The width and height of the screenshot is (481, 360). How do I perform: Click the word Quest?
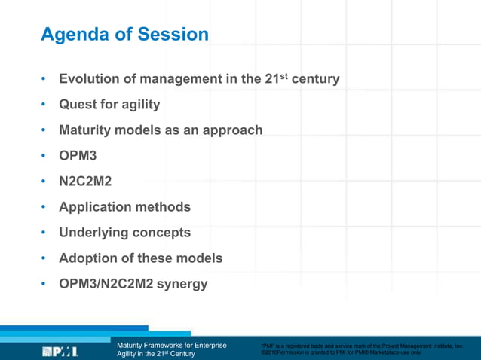(x=78, y=105)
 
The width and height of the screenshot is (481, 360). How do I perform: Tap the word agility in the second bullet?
(x=136, y=105)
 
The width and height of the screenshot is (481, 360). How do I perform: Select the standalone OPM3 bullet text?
(x=78, y=156)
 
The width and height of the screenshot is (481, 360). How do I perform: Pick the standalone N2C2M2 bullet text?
(x=85, y=182)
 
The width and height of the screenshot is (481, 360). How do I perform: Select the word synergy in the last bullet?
(x=181, y=284)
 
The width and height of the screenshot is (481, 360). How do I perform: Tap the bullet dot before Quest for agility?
(x=44, y=105)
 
